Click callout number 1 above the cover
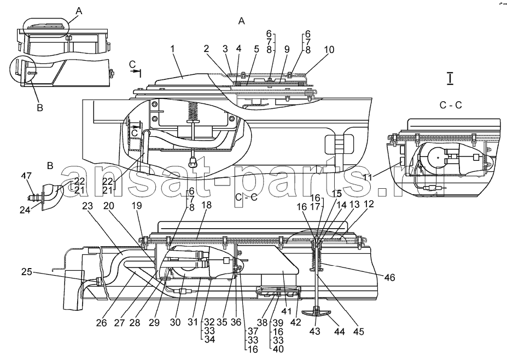coord(173,49)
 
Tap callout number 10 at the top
coord(329,50)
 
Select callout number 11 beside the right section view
coord(367,178)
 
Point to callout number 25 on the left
coord(27,272)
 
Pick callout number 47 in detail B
coord(26,176)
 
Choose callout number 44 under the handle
coord(340,331)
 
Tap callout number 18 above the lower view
coord(206,205)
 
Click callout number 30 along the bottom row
coord(175,322)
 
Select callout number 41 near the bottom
coord(287,311)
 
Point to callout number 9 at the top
coord(287,49)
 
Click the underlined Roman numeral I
coord(450,79)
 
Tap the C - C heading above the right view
coord(451,105)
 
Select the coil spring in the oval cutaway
coord(193,111)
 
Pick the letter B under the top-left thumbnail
coord(40,107)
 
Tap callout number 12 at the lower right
coord(369,204)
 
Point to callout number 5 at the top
coord(257,49)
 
